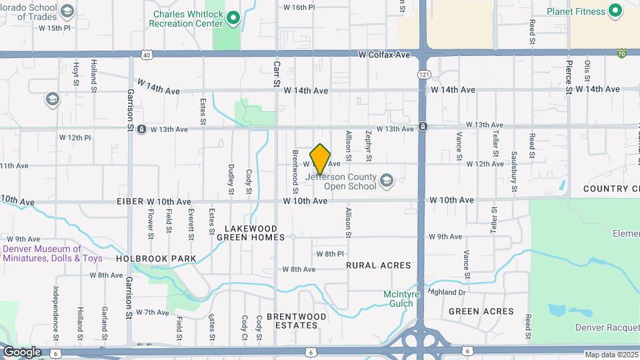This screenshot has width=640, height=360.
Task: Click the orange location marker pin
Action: click(321, 159)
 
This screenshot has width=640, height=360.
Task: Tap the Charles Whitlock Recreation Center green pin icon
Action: click(233, 18)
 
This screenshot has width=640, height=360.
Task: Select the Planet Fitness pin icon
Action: click(615, 11)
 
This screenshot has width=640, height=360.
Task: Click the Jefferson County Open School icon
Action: click(386, 180)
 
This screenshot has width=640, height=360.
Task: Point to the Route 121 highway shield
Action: click(423, 74)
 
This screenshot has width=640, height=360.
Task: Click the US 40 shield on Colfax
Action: click(147, 54)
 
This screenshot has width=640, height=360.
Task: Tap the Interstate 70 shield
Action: click(621, 53)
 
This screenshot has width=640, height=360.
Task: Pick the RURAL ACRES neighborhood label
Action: click(379, 265)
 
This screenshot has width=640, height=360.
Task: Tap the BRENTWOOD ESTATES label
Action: click(297, 321)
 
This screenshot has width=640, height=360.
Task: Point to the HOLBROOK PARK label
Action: click(156, 259)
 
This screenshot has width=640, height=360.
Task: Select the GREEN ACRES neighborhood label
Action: click(481, 311)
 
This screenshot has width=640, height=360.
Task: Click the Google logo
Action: click(21, 352)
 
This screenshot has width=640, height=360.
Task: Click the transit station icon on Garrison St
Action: click(141, 129)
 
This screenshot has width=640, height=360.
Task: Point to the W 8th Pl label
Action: click(330, 254)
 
